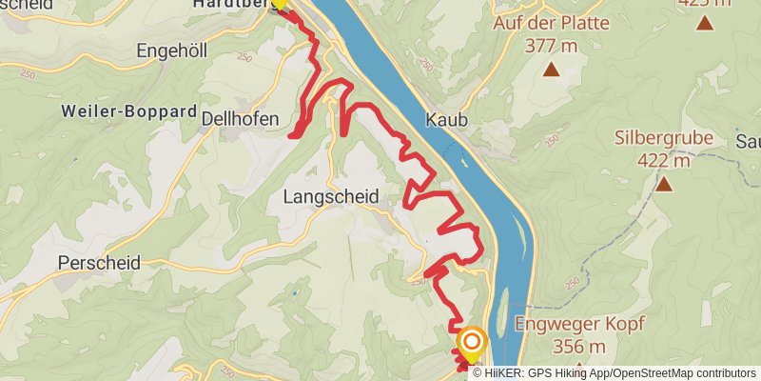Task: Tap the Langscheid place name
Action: point(331,196)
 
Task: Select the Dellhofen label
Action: point(241,118)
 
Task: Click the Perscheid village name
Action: point(99,261)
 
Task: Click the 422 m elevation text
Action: point(664,159)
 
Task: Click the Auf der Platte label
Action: point(551,23)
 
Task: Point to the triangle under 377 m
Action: point(551,69)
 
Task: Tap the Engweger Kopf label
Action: point(579,324)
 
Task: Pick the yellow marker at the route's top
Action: point(279,3)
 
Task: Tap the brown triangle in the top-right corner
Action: point(705,22)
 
